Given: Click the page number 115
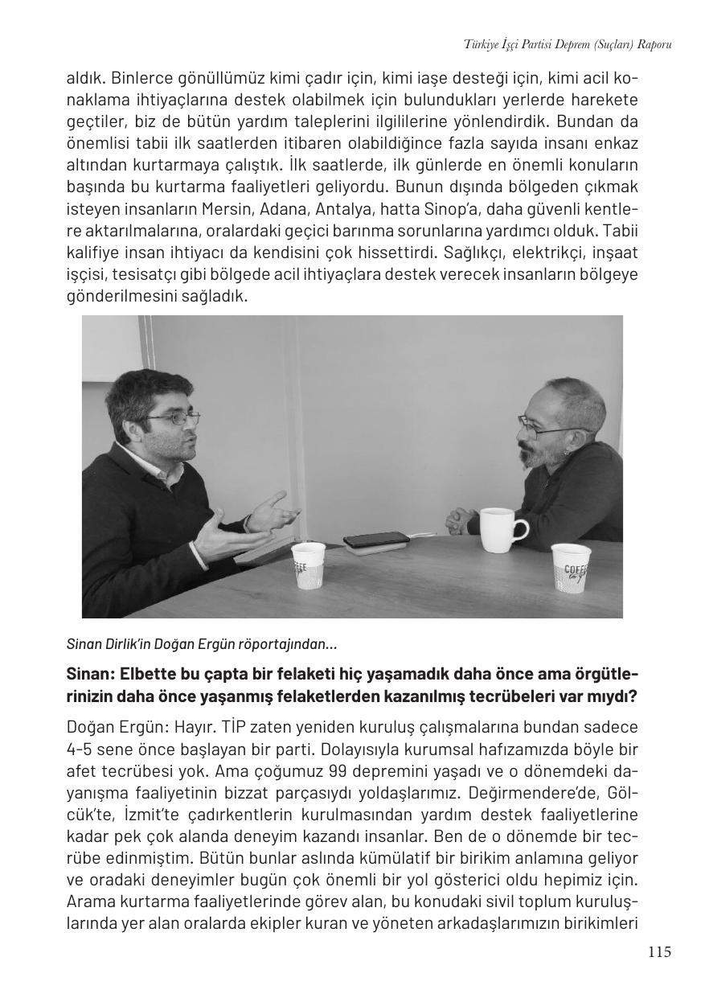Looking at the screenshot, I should pyautogui.click(x=658, y=953).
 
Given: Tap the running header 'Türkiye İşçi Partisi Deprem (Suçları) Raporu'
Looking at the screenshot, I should pyautogui.click(x=568, y=45).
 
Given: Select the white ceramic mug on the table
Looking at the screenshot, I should pyautogui.click(x=502, y=528).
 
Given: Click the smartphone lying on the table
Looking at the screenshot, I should pyautogui.click(x=376, y=539).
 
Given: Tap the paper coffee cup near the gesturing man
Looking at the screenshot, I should pyautogui.click(x=309, y=565).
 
